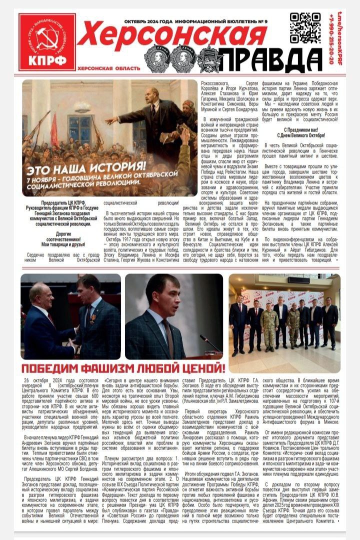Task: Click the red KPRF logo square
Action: click(x=47, y=42)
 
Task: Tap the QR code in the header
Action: click(x=305, y=28)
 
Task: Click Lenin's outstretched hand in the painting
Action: click(x=109, y=120)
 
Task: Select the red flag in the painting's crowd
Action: click(x=54, y=128)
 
